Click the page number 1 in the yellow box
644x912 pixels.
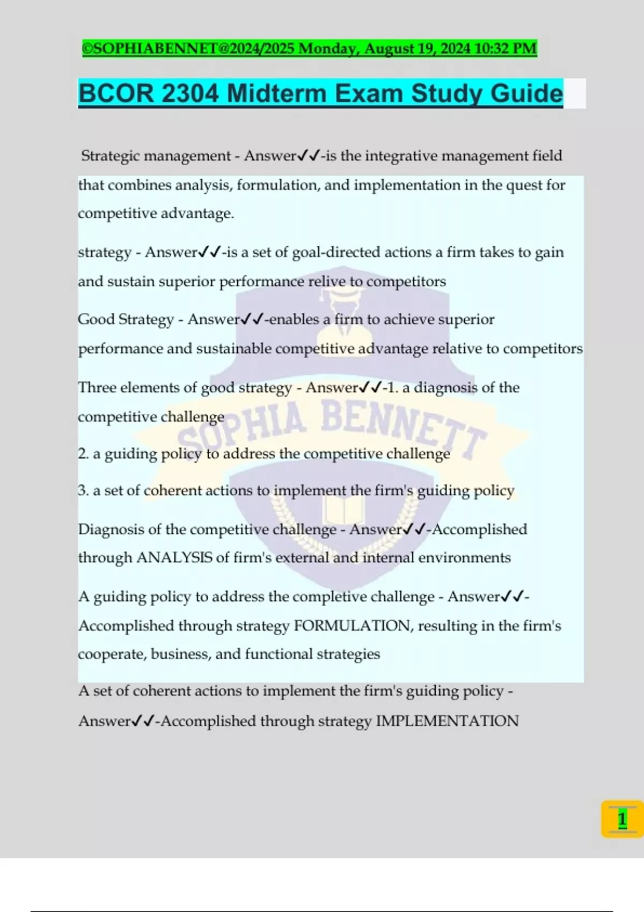click(x=622, y=819)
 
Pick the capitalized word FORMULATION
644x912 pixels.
click(x=353, y=626)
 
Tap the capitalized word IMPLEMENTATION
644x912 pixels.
click(x=447, y=720)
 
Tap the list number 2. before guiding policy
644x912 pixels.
click(x=83, y=454)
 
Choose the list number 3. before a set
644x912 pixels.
click(x=83, y=490)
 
